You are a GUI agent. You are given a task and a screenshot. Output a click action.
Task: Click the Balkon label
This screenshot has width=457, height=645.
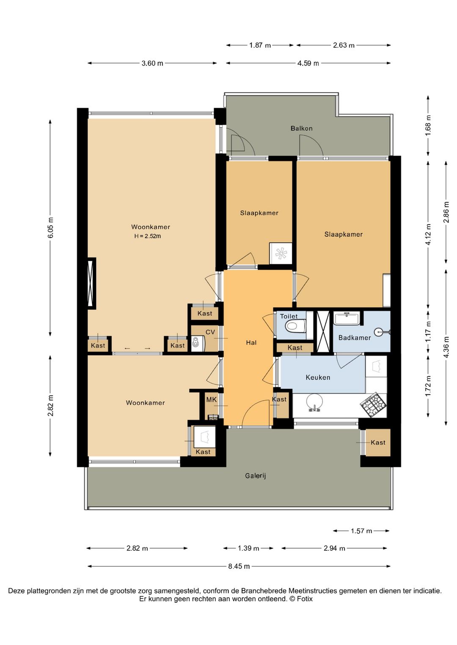[301, 128]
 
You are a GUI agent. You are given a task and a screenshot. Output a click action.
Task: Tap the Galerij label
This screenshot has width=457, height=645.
[256, 476]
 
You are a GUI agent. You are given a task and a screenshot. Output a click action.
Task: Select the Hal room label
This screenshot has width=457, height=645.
[251, 342]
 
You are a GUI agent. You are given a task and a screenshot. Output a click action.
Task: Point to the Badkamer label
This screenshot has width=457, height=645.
[355, 337]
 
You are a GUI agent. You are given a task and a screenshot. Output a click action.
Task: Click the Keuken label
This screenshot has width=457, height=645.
[318, 377]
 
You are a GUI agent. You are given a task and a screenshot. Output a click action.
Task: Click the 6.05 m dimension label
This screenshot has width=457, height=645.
[51, 227]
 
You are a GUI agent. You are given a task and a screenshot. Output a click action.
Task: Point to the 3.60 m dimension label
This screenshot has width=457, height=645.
[152, 63]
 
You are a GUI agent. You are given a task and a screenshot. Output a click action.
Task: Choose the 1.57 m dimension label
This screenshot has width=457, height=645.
[361, 530]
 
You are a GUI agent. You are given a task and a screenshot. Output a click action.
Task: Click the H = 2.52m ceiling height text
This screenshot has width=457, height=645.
[148, 236]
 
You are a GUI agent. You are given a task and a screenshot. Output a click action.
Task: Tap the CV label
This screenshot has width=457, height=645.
[210, 332]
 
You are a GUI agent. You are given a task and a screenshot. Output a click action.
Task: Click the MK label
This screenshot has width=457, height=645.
[211, 400]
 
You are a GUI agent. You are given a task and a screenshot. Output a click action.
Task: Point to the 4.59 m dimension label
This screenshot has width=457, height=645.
[308, 63]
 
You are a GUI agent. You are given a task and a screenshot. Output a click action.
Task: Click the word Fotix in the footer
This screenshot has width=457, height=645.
[305, 599]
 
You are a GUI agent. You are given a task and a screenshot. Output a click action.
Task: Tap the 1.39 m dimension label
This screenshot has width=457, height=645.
[248, 548]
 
